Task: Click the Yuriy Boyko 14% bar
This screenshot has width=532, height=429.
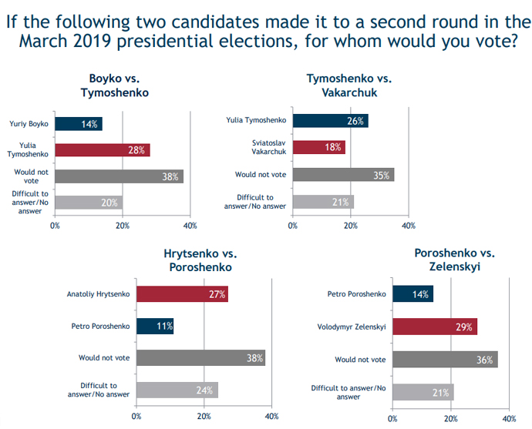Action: click(x=79, y=123)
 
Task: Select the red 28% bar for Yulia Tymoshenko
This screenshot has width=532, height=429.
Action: click(x=102, y=149)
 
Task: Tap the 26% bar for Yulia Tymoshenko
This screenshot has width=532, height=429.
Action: click(x=329, y=120)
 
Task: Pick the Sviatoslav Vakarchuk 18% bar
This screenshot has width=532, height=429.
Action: click(x=318, y=147)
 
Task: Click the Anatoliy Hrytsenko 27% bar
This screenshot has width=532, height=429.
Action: click(x=182, y=293)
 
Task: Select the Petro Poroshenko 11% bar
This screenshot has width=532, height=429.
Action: click(x=155, y=326)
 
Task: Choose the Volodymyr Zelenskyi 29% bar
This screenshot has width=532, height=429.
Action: click(x=434, y=326)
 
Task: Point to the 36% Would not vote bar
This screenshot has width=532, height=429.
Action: click(x=445, y=359)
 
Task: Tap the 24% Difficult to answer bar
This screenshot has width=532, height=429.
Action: click(x=177, y=390)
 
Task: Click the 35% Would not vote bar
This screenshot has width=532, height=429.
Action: click(x=342, y=174)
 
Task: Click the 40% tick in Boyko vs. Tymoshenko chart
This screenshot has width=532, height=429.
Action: click(x=190, y=226)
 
